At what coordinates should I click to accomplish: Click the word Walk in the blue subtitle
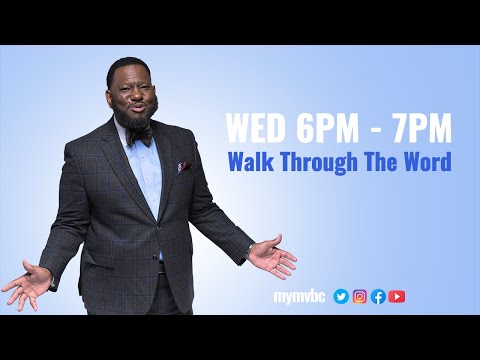[250, 161]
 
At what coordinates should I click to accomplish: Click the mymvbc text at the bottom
[300, 296]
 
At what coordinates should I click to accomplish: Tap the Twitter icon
[341, 296]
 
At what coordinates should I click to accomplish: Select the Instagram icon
[360, 296]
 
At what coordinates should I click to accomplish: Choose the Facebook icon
[378, 296]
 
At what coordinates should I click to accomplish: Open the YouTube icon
[397, 296]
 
